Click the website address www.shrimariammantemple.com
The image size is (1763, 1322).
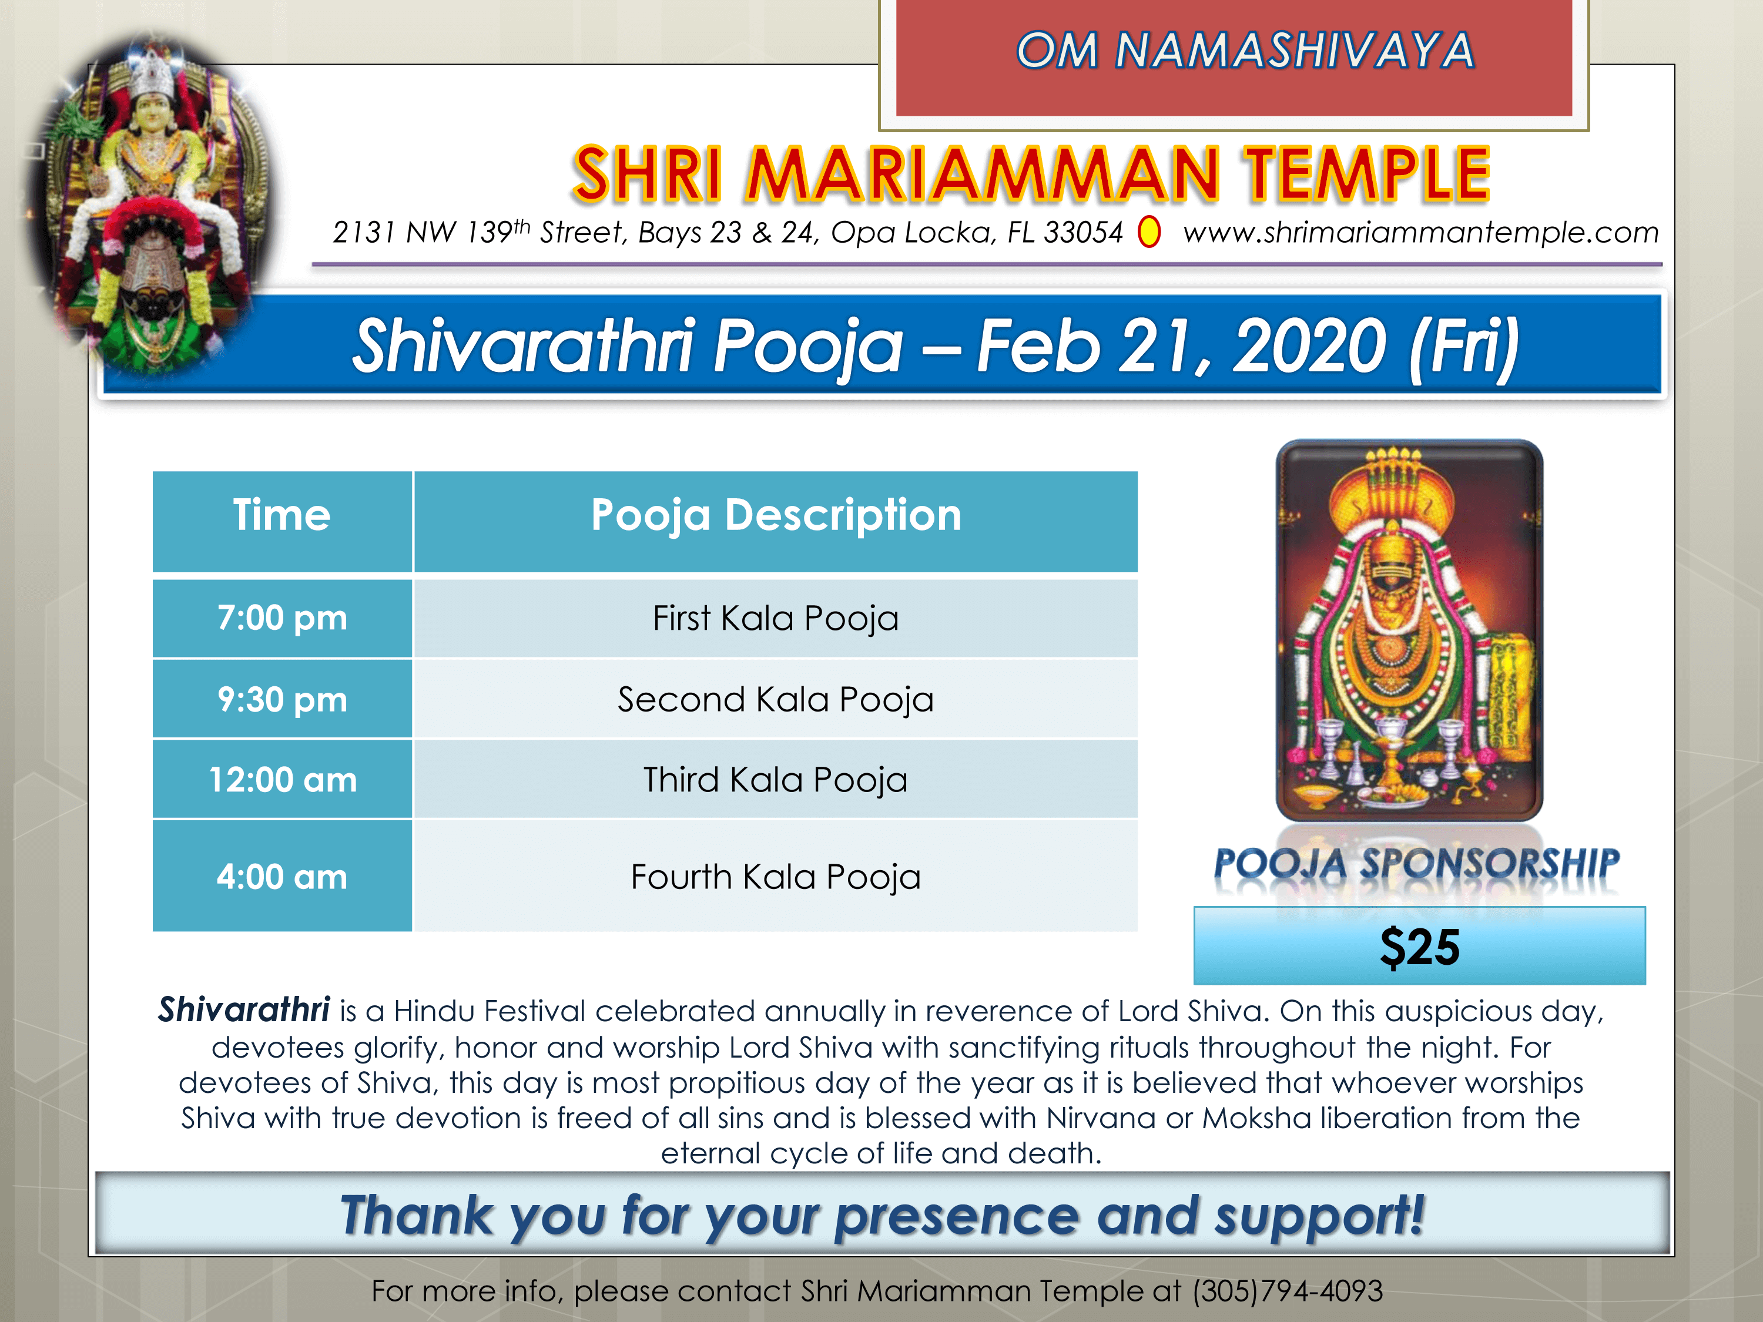pos(1421,233)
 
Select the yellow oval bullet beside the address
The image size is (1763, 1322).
pos(1148,233)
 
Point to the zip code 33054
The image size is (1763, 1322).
pos(1083,232)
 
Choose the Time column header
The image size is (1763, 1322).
pos(281,515)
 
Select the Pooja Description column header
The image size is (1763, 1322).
pos(776,515)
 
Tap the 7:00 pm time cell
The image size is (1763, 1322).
pos(282,618)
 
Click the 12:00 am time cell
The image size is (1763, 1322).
pos(282,779)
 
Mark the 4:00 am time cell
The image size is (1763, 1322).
pos(282,877)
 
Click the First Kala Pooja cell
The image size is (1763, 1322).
pos(776,618)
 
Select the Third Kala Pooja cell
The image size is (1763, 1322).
pos(776,779)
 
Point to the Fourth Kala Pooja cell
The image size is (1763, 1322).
pos(776,877)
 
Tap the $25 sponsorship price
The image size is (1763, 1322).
pos(1419,947)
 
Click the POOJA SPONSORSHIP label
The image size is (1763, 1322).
pos(1416,864)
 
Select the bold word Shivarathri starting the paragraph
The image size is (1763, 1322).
pos(244,1009)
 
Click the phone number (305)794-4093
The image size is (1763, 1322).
pos(1287,1291)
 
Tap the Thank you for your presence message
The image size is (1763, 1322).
pos(881,1216)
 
